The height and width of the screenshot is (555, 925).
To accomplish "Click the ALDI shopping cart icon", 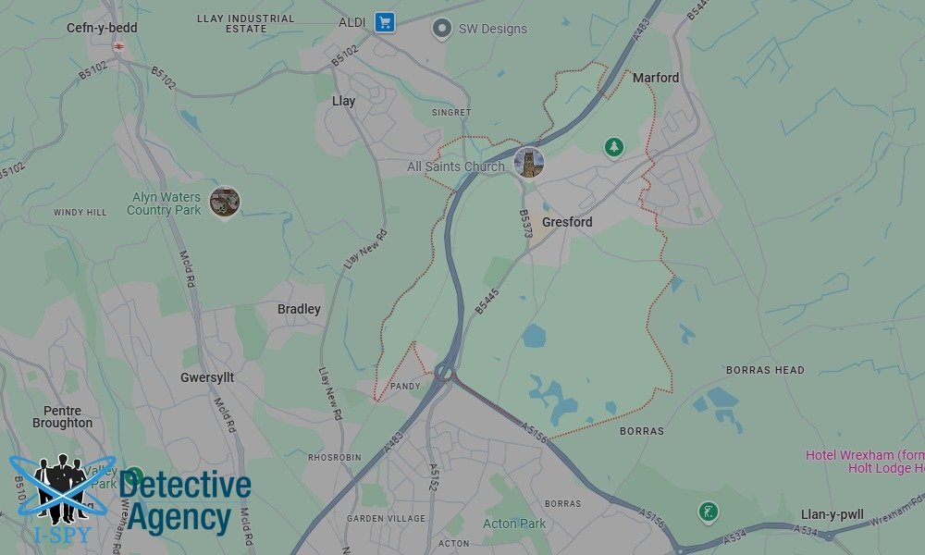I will coord(384,23).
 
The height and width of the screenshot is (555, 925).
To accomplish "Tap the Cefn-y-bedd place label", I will coord(102,28).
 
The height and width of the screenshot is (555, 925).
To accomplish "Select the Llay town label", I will coord(343,101).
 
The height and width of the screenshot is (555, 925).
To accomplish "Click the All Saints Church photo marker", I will coord(529,163).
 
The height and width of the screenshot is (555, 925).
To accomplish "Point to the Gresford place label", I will coord(567,222).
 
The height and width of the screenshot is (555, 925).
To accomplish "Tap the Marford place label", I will coord(656,78).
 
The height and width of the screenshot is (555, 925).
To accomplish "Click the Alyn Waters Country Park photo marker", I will coord(225,201).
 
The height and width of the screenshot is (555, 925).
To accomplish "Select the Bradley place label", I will coord(299,309).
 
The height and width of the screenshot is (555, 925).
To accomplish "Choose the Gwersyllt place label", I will coord(207,378).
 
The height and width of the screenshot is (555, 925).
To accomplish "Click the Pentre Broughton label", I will coord(63,417).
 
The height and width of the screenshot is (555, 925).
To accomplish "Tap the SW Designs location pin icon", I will coord(443,29).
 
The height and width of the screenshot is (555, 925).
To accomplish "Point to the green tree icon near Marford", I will coord(613,146).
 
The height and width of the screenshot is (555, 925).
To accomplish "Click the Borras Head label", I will coord(765,370).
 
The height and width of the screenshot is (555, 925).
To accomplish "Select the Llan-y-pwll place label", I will coord(832,514).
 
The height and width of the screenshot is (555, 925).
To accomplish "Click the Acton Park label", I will coord(514,524).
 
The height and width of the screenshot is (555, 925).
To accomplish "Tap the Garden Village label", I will coord(386,519).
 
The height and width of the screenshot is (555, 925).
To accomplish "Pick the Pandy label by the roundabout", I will coord(405,386).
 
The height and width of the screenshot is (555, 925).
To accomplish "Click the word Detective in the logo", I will coord(185,486).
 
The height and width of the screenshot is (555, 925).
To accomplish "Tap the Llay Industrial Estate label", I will coord(246,23).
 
